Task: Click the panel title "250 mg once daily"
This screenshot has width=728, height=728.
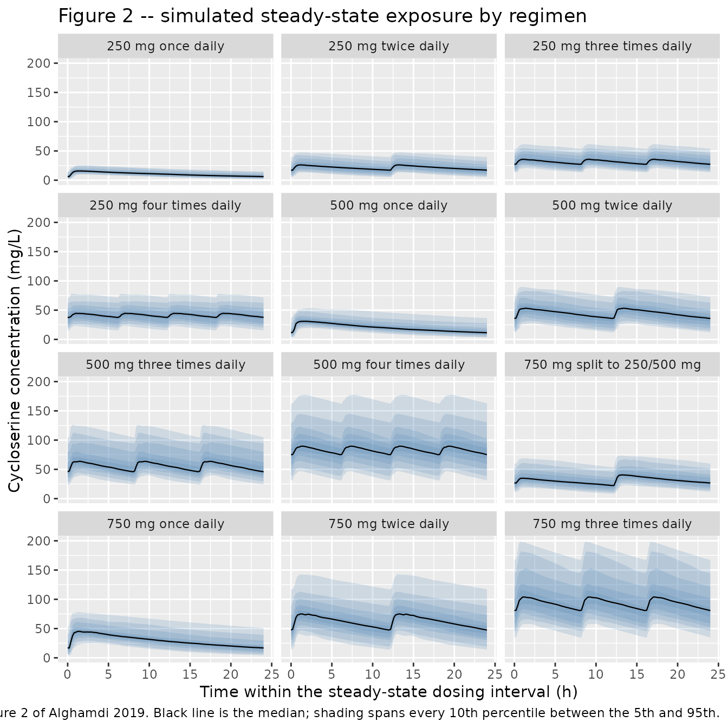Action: [165, 46]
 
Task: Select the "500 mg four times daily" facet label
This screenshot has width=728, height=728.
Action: [389, 365]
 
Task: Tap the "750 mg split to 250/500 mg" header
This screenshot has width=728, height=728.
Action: [612, 365]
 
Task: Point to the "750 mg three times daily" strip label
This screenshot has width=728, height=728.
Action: [612, 524]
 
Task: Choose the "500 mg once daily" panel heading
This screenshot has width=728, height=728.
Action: [389, 205]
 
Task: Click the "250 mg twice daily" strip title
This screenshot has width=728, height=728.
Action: [389, 46]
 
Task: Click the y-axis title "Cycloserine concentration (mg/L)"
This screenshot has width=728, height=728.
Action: [14, 360]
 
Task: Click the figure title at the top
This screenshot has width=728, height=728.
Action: [322, 16]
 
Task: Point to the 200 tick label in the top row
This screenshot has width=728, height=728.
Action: [39, 63]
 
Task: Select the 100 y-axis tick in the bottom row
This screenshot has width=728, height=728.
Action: [39, 600]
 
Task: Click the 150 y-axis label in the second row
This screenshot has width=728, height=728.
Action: [39, 252]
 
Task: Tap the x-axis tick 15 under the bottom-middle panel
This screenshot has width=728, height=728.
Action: [413, 674]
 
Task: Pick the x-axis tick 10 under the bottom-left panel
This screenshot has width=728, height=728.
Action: [149, 674]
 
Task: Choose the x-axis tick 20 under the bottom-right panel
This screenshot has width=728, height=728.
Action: [678, 674]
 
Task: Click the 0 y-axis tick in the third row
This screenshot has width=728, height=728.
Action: [47, 499]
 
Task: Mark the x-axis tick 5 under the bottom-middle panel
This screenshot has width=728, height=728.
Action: [331, 674]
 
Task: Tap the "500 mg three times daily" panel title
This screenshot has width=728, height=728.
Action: [165, 365]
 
